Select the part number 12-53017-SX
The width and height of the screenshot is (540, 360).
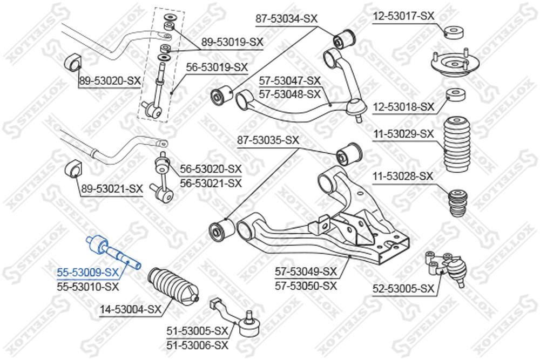[403, 17]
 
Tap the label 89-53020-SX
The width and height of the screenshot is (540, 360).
[110, 81]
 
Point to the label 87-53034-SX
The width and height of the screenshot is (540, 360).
[286, 19]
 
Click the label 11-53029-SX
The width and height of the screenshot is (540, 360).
[403, 133]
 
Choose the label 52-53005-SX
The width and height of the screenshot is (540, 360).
[403, 289]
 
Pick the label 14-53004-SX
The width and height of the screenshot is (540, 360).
[131, 309]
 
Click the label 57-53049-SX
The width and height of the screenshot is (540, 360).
[306, 271]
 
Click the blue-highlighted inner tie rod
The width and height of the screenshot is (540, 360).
[113, 252]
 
